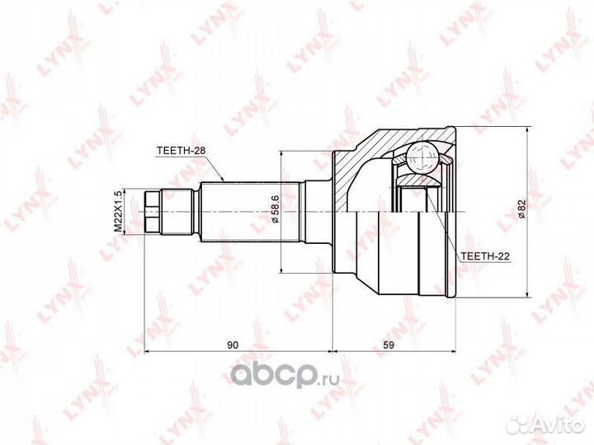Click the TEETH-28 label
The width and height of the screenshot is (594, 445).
(181, 150)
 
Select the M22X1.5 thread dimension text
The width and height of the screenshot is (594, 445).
(117, 210)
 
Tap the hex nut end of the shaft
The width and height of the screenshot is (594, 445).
(151, 211)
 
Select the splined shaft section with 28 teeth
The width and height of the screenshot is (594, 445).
(247, 211)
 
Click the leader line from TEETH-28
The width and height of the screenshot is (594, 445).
(215, 168)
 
